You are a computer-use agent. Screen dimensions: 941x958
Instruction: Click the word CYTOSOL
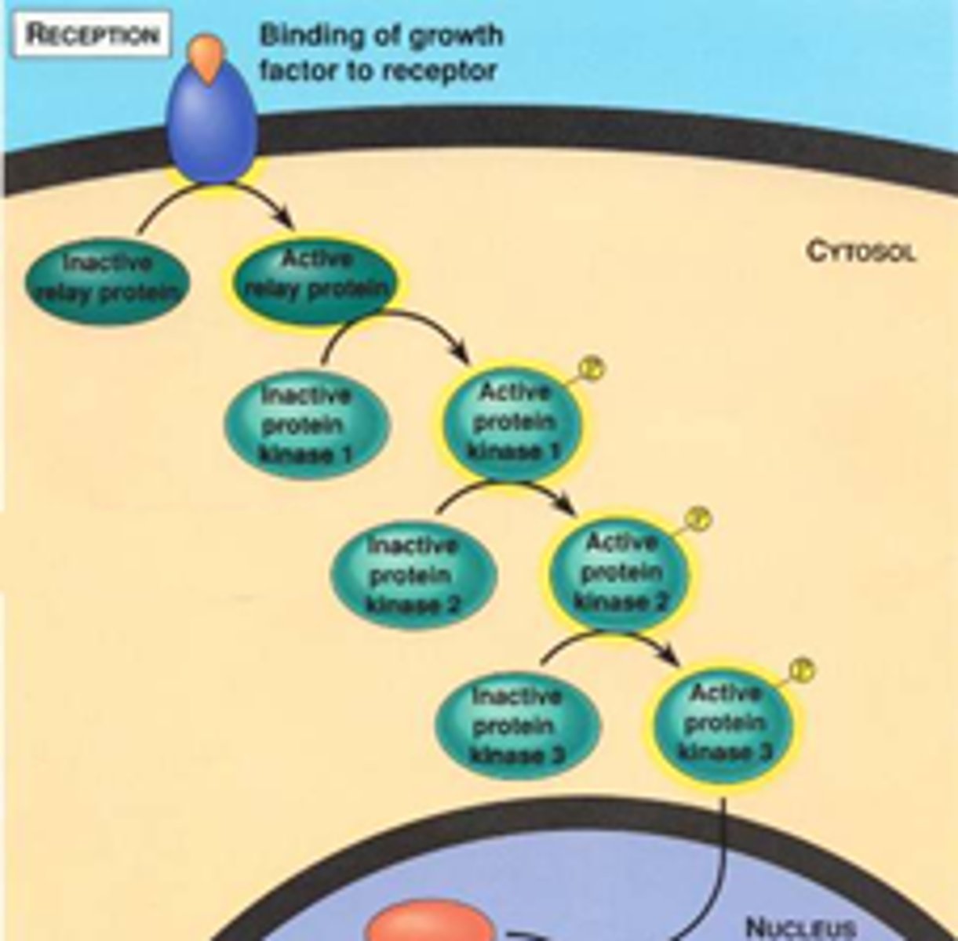tap(861, 253)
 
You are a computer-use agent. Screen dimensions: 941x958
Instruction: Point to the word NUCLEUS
tap(799, 928)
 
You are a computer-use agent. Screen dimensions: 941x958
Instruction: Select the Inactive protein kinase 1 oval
tap(307, 426)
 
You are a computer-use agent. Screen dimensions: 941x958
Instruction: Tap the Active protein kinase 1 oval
tap(513, 423)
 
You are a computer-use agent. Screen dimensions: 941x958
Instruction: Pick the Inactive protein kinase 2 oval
tap(413, 576)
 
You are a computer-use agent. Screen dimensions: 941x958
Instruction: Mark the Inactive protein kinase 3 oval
tap(518, 726)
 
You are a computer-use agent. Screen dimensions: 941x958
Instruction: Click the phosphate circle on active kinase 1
tap(593, 369)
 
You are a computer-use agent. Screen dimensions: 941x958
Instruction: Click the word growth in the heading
tap(457, 36)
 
